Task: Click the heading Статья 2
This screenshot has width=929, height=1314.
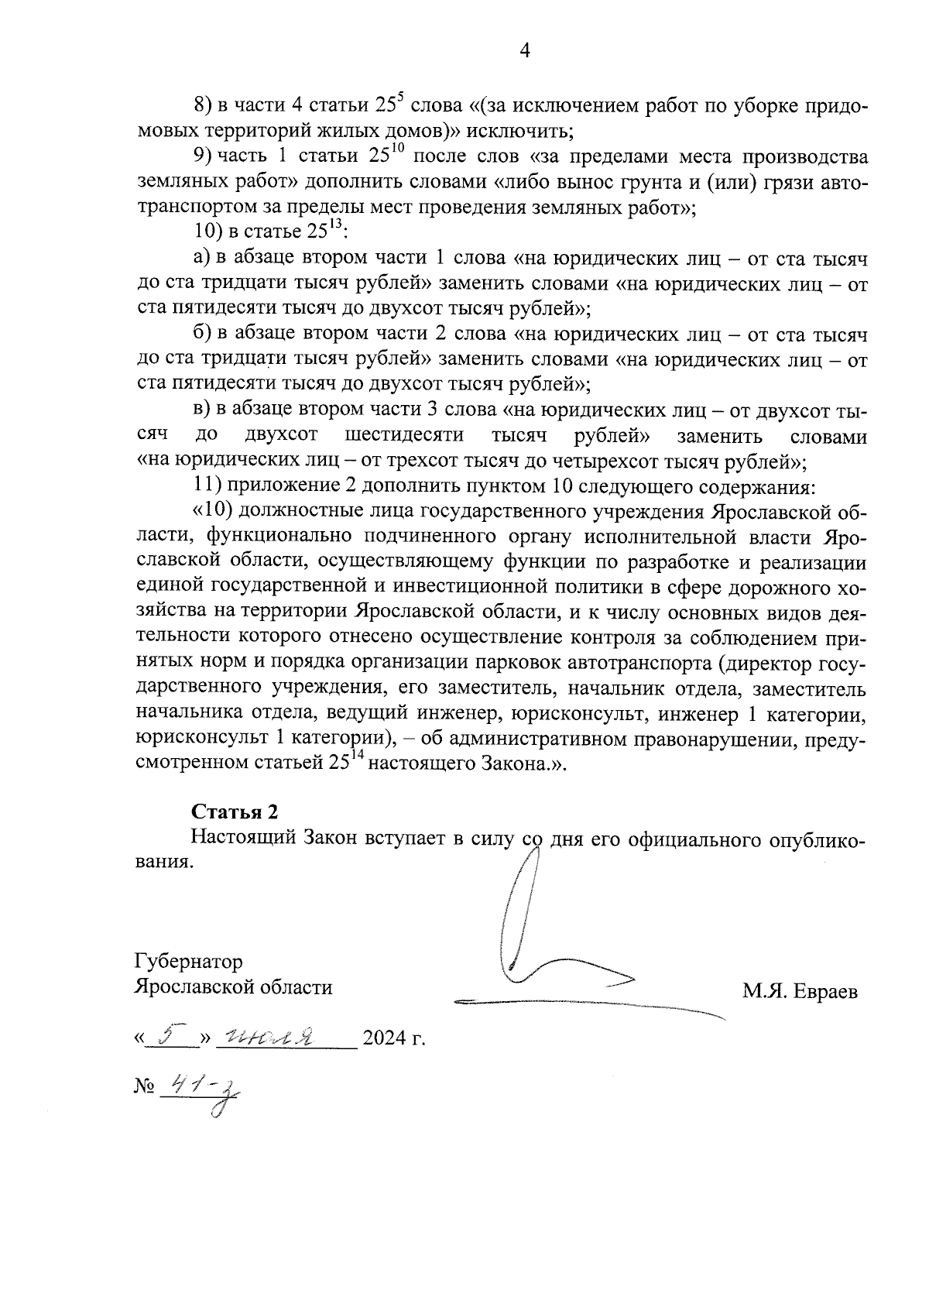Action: [x=234, y=811]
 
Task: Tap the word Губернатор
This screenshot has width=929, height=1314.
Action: [x=188, y=961]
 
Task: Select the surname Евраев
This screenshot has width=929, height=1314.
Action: [x=826, y=992]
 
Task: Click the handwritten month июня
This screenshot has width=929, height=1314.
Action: [x=266, y=1036]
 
